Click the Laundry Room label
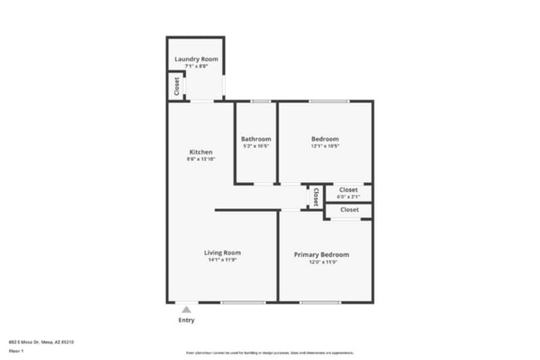coord(196,59)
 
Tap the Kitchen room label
coord(201,152)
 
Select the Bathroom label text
coord(256,139)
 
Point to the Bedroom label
coord(325,139)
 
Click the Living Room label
coord(223,253)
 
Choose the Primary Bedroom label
coord(322,254)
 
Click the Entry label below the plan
coord(188,320)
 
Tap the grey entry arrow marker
coord(187,308)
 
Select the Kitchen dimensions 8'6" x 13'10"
coord(201,160)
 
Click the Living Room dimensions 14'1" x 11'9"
coord(223,260)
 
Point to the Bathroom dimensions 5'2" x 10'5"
coord(256,146)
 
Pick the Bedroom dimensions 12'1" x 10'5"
coord(325,146)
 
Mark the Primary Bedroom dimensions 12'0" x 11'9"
coord(322,262)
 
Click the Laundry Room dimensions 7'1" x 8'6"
coord(196,67)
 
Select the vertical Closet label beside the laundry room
coord(176,85)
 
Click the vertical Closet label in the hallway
coord(316,196)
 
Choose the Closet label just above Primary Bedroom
coord(350,210)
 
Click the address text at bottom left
coord(42,342)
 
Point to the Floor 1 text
coord(16,352)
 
